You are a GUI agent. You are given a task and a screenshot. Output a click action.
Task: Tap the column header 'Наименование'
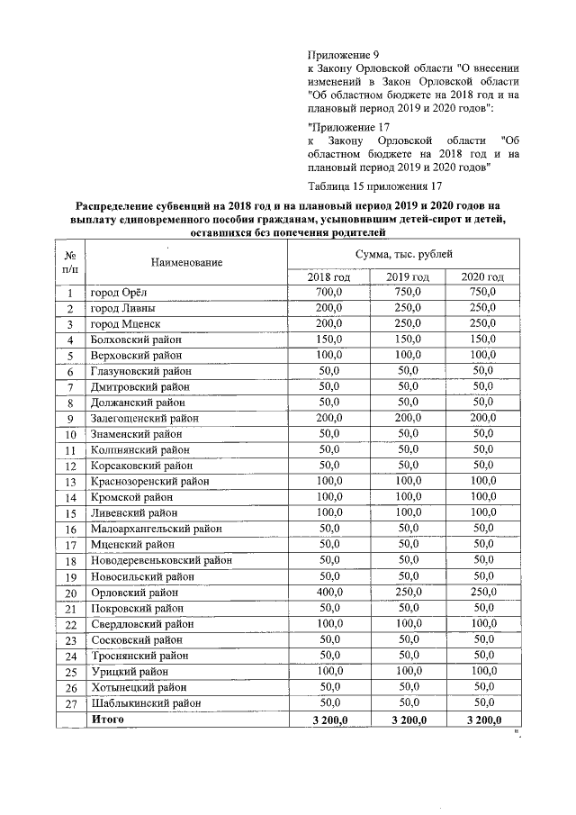(x=187, y=262)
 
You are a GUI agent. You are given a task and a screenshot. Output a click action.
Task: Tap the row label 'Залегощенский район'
(x=143, y=419)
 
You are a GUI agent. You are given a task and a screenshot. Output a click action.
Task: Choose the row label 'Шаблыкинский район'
(x=144, y=702)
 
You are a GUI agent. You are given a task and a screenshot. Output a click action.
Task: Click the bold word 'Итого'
(x=107, y=719)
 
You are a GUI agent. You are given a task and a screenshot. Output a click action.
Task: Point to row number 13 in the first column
(x=69, y=483)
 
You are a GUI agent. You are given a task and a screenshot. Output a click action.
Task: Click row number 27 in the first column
(x=69, y=703)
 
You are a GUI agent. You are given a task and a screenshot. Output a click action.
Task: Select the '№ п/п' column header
(x=69, y=261)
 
